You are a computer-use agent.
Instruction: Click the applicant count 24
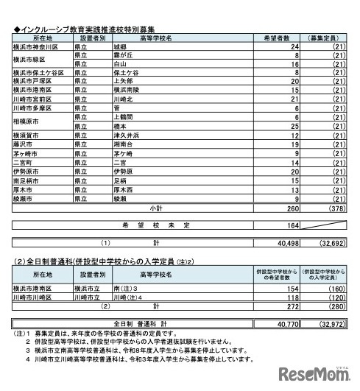[274, 46]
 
